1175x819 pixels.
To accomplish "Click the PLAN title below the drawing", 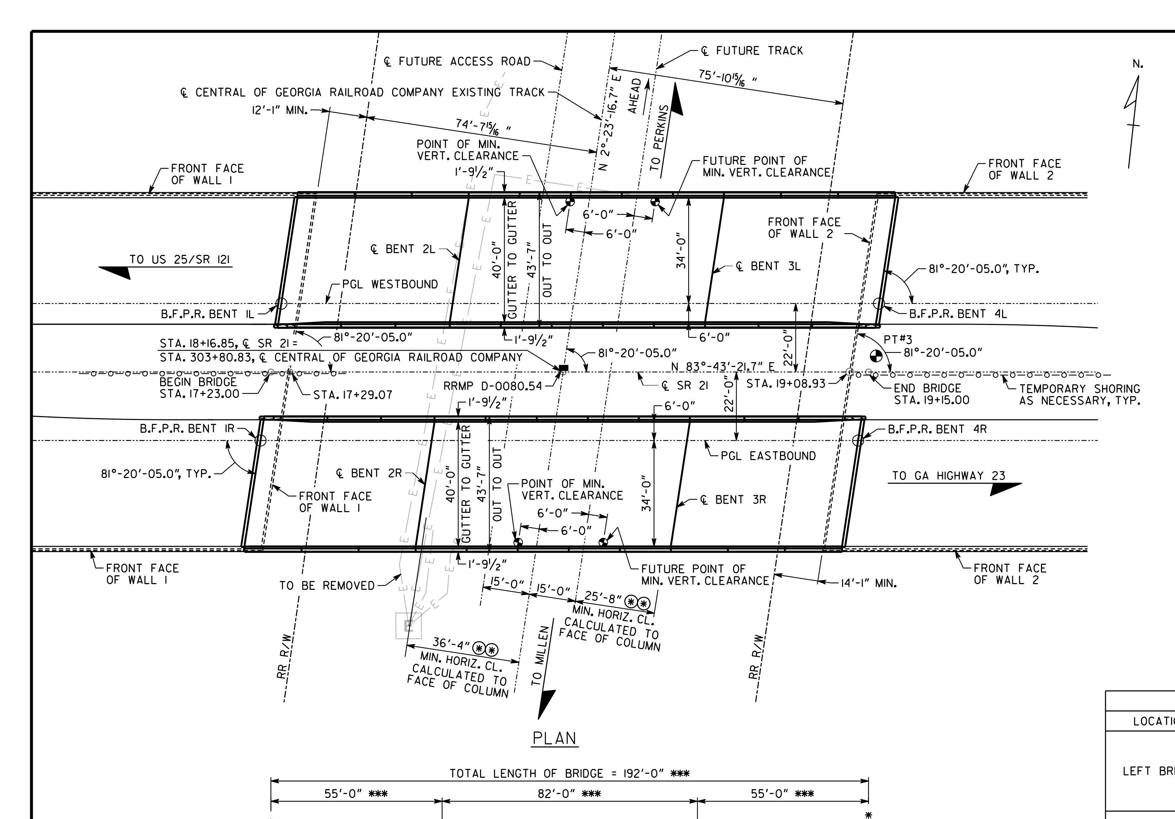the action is coord(555,738).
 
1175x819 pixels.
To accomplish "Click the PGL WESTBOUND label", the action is coord(390,285).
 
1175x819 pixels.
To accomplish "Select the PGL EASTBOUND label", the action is coord(768,456).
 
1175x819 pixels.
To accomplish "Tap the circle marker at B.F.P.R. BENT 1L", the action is coord(281,304).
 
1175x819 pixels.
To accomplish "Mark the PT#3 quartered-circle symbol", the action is coord(876,356).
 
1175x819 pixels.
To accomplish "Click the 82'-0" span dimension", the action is coord(569,794).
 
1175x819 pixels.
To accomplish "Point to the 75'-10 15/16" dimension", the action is coord(728,77).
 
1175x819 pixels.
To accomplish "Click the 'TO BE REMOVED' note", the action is coord(327,586).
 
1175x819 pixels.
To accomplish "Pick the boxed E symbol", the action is coord(409,625).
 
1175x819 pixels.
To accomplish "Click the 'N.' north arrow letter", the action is coord(1138,64).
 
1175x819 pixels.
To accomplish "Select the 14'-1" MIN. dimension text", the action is coord(869,583).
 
